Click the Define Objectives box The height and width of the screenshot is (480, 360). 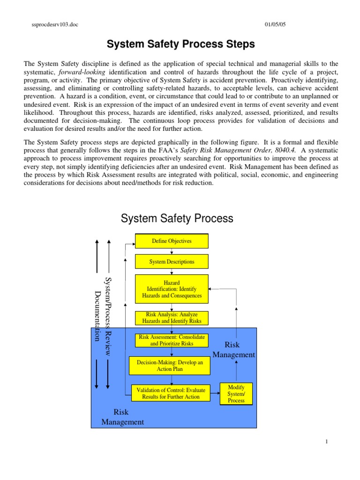coord(172,241)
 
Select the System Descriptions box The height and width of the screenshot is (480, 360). coord(172,262)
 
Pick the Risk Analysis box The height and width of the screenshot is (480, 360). coord(172,318)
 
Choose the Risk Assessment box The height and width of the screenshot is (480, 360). coord(172,340)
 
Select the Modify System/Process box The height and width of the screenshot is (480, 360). coord(236,394)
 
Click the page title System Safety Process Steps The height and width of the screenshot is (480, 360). coord(180,45)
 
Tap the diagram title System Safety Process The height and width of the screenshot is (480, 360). coord(177,218)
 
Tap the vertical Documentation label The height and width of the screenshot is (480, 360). coord(97,316)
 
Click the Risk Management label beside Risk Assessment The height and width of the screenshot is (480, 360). coord(233,350)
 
